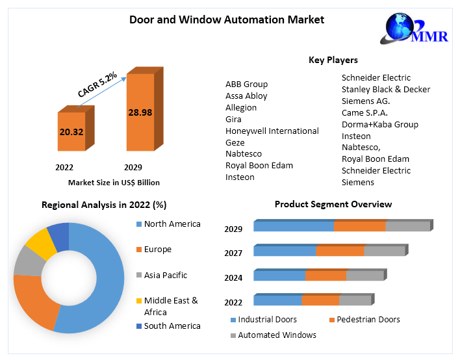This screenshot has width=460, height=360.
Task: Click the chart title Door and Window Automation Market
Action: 227,19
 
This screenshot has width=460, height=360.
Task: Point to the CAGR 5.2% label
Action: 97,84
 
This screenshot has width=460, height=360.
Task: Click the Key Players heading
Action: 333,60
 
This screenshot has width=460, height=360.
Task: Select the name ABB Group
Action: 246,84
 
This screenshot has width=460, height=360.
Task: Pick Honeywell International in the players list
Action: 272,131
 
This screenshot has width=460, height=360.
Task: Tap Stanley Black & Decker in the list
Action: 386,90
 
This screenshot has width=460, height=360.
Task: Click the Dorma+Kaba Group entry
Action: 380,124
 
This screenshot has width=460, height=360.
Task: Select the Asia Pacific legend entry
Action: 165,276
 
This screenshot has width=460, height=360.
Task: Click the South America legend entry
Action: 172,326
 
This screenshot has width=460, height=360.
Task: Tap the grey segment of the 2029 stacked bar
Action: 407,226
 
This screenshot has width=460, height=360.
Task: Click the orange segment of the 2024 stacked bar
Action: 326,276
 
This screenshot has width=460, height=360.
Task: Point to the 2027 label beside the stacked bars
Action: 233,253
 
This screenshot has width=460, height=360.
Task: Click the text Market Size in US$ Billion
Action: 114,183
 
